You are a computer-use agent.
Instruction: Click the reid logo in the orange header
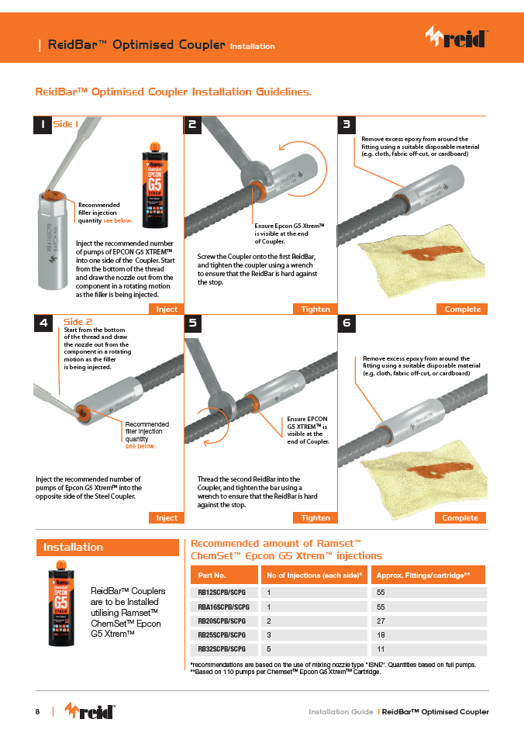(457, 37)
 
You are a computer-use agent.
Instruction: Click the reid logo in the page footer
(90, 711)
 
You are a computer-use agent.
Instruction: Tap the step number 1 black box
(43, 125)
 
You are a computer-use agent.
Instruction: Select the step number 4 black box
(43, 323)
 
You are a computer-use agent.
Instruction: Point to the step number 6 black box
(346, 323)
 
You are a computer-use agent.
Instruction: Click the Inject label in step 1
(167, 309)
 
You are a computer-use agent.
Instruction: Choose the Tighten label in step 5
(315, 517)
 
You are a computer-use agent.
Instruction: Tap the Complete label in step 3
(462, 309)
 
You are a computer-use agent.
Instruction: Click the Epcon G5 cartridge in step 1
(155, 185)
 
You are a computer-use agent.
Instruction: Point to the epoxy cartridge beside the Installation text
(61, 603)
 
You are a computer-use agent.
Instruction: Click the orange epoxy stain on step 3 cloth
(426, 254)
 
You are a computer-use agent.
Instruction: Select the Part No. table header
(224, 575)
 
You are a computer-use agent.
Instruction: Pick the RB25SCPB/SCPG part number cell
(222, 634)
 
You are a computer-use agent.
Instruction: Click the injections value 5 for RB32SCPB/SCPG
(268, 649)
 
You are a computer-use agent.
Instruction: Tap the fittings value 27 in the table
(381, 621)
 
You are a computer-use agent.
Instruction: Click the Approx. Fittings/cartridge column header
(428, 575)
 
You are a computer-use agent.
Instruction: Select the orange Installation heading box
(108, 548)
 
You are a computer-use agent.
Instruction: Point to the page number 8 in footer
(37, 711)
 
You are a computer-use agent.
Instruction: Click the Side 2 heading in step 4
(78, 322)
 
